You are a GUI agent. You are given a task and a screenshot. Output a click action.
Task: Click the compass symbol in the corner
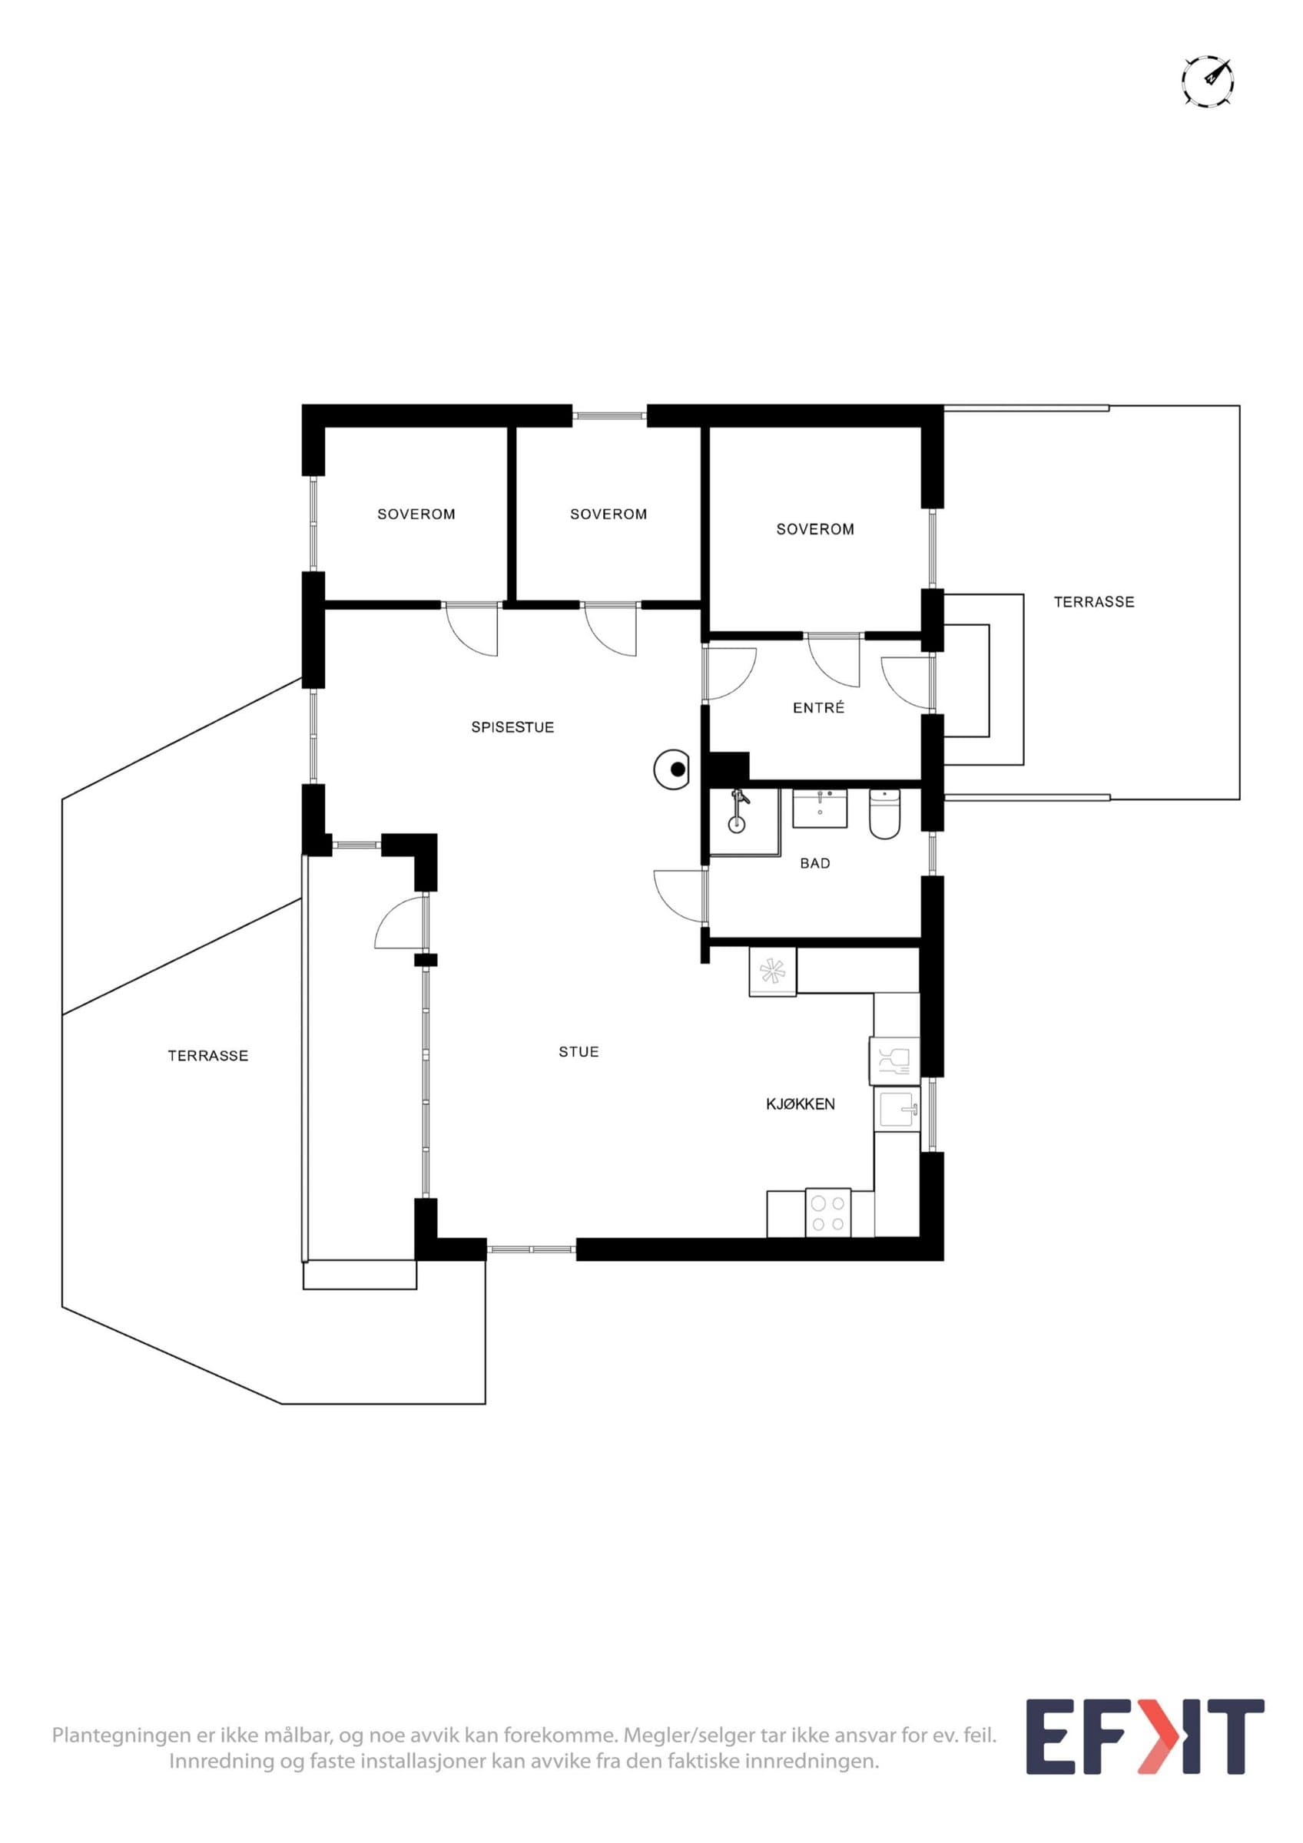point(1208,81)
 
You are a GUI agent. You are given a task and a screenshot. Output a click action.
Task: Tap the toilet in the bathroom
point(886,814)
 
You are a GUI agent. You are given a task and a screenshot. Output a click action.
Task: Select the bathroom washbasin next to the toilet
point(819,808)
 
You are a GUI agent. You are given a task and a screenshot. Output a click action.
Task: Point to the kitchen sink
point(897,1110)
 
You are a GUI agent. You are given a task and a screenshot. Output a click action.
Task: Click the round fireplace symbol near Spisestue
point(673,769)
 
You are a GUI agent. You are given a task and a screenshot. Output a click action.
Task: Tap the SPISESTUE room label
point(512,727)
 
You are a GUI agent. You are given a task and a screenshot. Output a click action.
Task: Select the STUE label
point(579,1051)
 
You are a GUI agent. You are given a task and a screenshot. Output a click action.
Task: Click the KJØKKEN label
point(801,1103)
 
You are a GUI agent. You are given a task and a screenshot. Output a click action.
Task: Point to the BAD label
point(815,863)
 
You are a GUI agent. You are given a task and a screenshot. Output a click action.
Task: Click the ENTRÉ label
point(819,707)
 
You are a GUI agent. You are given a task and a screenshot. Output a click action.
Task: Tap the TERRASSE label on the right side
point(1094,601)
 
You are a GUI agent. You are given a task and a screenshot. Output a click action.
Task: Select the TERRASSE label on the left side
point(208,1056)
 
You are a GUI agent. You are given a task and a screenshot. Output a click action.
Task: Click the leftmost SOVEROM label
point(416,514)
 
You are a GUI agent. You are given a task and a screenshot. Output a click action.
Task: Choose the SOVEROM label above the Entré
point(815,529)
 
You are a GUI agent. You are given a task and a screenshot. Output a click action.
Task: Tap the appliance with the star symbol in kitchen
point(772,972)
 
